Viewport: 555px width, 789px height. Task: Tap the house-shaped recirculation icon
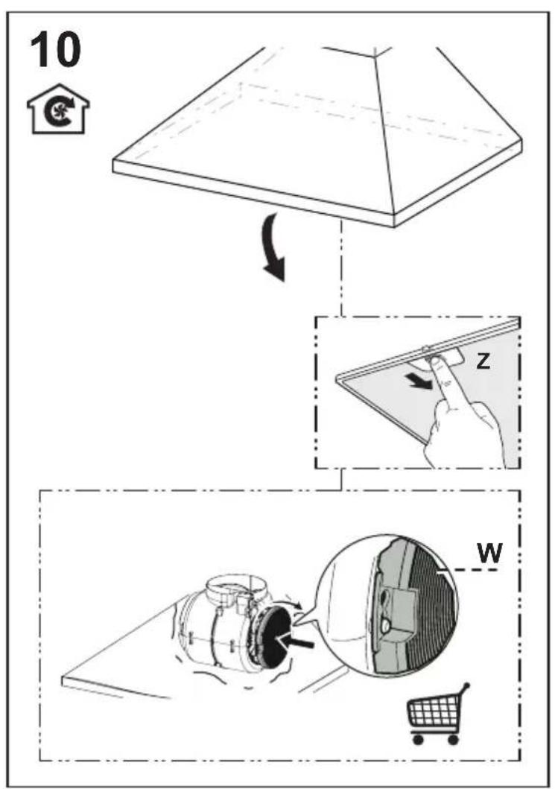pyautogui.click(x=58, y=109)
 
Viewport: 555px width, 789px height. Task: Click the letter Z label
pyautogui.click(x=483, y=361)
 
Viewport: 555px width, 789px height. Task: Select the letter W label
pyautogui.click(x=489, y=553)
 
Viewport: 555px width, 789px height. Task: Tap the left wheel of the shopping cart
pyautogui.click(x=417, y=739)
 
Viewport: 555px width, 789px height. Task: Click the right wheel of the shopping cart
pyautogui.click(x=452, y=739)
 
